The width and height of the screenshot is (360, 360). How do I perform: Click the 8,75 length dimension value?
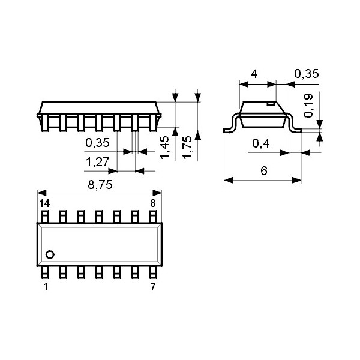click(100, 185)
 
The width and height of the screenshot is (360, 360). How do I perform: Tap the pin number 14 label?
click(44, 203)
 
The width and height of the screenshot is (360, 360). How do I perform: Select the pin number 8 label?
click(153, 203)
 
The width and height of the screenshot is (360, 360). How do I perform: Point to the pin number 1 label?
click(45, 287)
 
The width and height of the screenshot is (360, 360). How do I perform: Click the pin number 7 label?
click(153, 287)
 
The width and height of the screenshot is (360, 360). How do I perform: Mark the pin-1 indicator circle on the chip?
click(50, 254)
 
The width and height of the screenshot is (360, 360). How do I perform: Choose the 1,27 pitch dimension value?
click(97, 162)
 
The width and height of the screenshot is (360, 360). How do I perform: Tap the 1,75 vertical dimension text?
click(187, 147)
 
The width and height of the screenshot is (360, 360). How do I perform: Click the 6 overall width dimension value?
click(263, 171)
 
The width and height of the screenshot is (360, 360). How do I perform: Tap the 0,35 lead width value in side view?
click(97, 143)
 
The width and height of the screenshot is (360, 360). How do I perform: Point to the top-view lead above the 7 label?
click(153, 273)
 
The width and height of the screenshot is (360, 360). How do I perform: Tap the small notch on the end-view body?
click(271, 104)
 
